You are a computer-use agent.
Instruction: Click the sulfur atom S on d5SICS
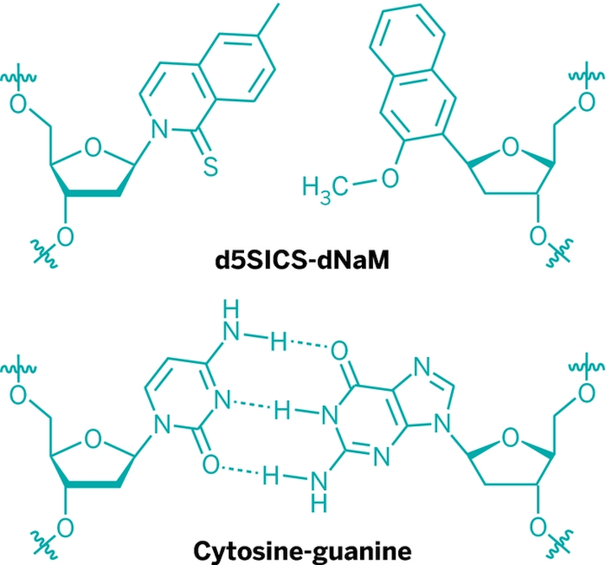tap(210, 167)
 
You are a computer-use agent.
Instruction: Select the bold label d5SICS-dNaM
tap(302, 261)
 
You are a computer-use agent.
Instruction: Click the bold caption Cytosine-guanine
tap(302, 551)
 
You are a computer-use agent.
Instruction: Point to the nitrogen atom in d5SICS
tap(160, 129)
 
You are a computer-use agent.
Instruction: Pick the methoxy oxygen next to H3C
tap(390, 178)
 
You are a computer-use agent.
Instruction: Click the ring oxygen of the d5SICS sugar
tap(93, 148)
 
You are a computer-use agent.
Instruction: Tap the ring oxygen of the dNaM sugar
tap(511, 148)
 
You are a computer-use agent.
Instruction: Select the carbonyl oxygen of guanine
tap(339, 351)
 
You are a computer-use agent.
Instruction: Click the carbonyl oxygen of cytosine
tap(211, 465)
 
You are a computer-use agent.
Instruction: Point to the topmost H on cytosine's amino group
tap(231, 309)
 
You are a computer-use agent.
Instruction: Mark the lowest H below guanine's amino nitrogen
tap(319, 504)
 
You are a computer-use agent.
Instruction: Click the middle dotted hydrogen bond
tap(251, 405)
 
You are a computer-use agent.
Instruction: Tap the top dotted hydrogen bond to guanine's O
tap(308, 344)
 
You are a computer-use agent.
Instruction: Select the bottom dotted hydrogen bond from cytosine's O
tap(240, 470)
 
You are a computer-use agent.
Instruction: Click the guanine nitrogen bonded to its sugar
tap(442, 425)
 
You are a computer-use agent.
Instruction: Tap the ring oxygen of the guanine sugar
tap(511, 439)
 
